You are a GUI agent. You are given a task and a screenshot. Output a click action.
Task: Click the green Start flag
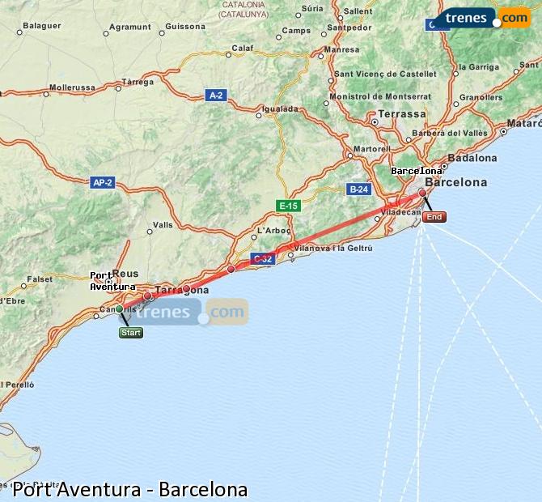point(130,333)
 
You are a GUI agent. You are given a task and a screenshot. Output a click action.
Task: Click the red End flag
point(434,216)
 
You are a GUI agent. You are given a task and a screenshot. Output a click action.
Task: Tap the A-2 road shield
point(215,96)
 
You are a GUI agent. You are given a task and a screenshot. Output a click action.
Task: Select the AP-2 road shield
point(103,183)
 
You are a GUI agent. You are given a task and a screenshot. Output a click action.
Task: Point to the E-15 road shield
point(288,206)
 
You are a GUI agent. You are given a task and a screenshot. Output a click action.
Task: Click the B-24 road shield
point(358,189)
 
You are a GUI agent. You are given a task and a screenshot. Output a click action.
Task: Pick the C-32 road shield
point(261,259)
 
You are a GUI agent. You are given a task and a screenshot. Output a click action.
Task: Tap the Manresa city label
point(341,49)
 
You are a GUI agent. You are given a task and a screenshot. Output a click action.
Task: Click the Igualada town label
point(281,108)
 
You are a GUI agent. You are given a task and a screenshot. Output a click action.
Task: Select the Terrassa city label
point(401,114)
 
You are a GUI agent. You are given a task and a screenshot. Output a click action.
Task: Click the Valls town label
point(163,224)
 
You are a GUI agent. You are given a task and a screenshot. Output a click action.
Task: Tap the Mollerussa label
point(72,87)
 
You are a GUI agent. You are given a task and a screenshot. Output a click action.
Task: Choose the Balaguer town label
point(42,26)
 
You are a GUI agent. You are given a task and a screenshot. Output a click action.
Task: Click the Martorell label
point(372,149)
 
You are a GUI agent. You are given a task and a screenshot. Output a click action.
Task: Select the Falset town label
point(40,279)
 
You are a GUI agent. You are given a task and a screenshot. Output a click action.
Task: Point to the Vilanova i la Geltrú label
point(333,248)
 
